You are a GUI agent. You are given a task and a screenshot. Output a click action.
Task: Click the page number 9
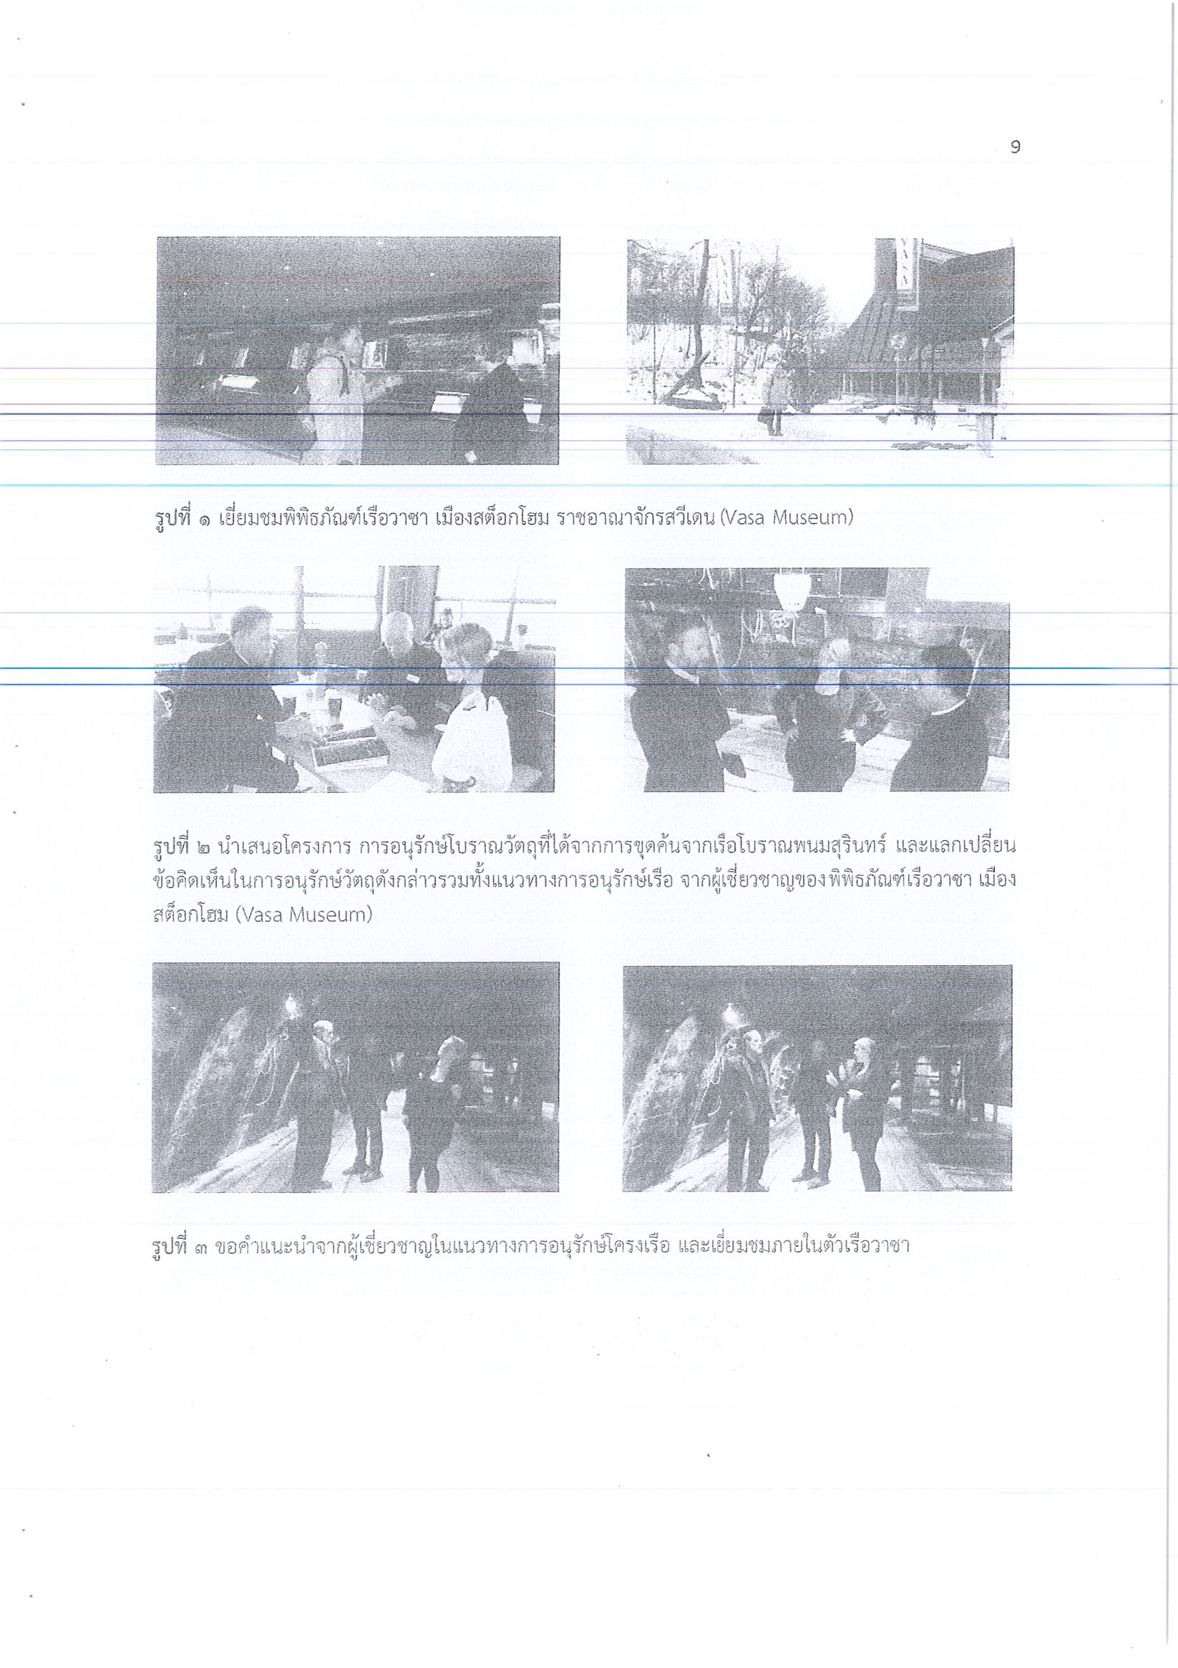(1016, 147)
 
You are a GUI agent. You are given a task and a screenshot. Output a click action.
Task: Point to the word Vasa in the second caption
(258, 915)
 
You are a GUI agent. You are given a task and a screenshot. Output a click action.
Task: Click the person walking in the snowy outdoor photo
(774, 397)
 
